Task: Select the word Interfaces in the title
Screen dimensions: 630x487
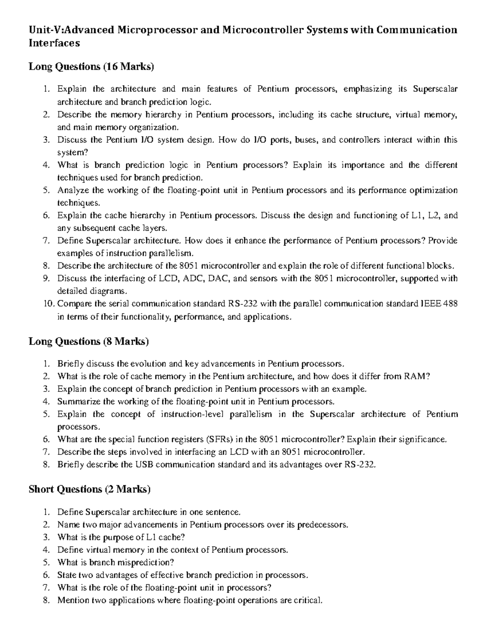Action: point(54,43)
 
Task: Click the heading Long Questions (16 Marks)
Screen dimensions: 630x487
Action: point(91,67)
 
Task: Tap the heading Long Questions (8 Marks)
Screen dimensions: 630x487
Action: point(88,341)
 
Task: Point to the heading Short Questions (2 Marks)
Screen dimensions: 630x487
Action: point(89,489)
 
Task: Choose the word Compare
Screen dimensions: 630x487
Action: point(73,304)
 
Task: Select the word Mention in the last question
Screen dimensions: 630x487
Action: point(72,600)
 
